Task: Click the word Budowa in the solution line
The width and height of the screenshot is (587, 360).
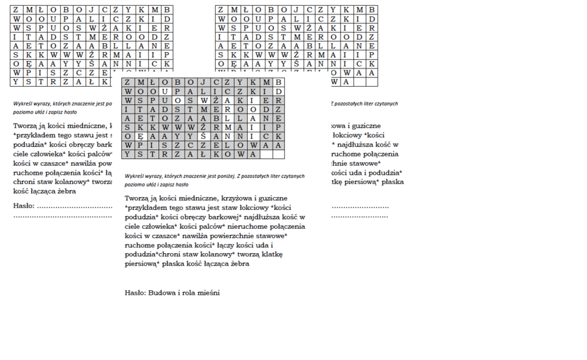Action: pos(162,293)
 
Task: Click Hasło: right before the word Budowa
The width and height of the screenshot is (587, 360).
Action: pos(135,293)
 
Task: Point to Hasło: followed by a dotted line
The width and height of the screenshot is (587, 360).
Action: pos(24,206)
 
